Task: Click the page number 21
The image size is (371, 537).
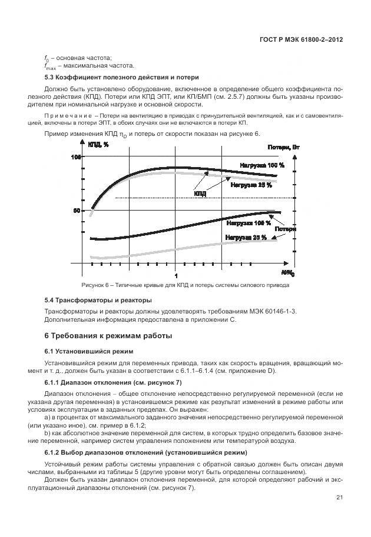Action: pyautogui.click(x=339, y=498)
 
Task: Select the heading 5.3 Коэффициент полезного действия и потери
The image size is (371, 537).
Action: pyautogui.click(x=109, y=78)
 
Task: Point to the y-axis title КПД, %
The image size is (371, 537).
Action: pyautogui.click(x=98, y=145)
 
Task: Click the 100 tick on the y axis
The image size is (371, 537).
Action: pyautogui.click(x=76, y=157)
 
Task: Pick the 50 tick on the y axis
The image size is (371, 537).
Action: pyautogui.click(x=77, y=211)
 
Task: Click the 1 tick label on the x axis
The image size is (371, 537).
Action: pyautogui.click(x=175, y=275)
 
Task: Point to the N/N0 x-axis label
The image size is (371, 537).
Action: pyautogui.click(x=288, y=273)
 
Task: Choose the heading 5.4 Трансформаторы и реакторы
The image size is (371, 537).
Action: pyautogui.click(x=98, y=301)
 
